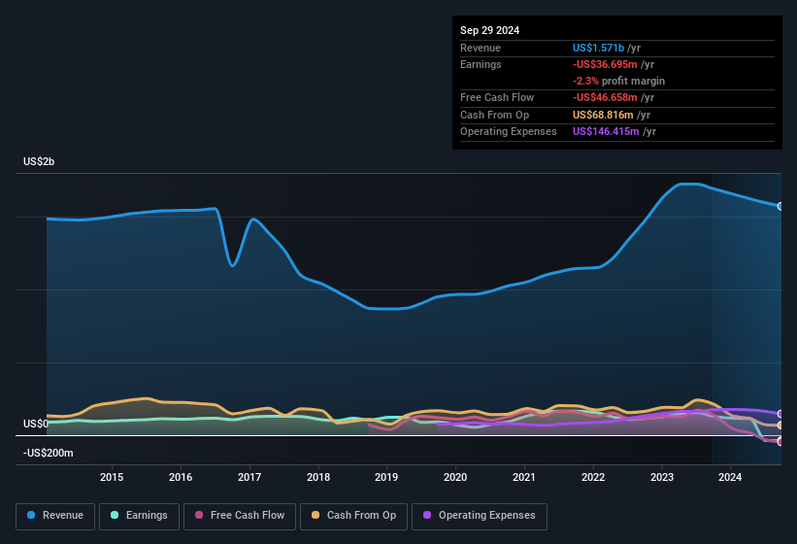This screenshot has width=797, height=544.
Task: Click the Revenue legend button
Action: click(56, 516)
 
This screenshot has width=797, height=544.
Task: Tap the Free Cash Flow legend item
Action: click(239, 516)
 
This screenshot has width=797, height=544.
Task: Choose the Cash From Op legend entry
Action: click(354, 516)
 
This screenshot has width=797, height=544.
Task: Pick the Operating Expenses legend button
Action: click(480, 516)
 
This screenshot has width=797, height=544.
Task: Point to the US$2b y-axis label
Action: click(39, 161)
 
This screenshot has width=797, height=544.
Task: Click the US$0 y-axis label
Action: click(35, 425)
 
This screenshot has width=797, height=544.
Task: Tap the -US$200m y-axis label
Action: click(48, 454)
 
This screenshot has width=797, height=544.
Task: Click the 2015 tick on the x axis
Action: click(112, 477)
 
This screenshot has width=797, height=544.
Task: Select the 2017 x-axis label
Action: click(249, 477)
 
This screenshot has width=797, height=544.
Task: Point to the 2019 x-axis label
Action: click(386, 477)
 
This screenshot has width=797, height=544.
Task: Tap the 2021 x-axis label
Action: click(524, 477)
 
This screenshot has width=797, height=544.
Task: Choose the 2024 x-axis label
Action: click(730, 477)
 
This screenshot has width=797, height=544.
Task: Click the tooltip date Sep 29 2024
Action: click(489, 30)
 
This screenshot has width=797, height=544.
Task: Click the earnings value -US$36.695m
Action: click(605, 64)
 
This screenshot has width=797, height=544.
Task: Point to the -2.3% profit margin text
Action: click(618, 81)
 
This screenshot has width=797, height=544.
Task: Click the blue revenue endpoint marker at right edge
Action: click(780, 206)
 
